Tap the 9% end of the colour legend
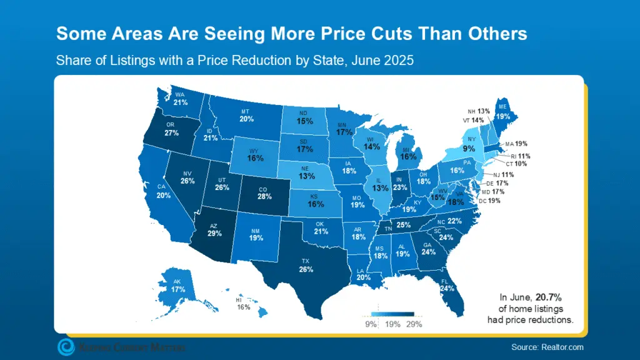click(x=371, y=324)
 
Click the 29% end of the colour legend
click(x=414, y=324)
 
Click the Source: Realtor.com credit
click(x=546, y=347)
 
